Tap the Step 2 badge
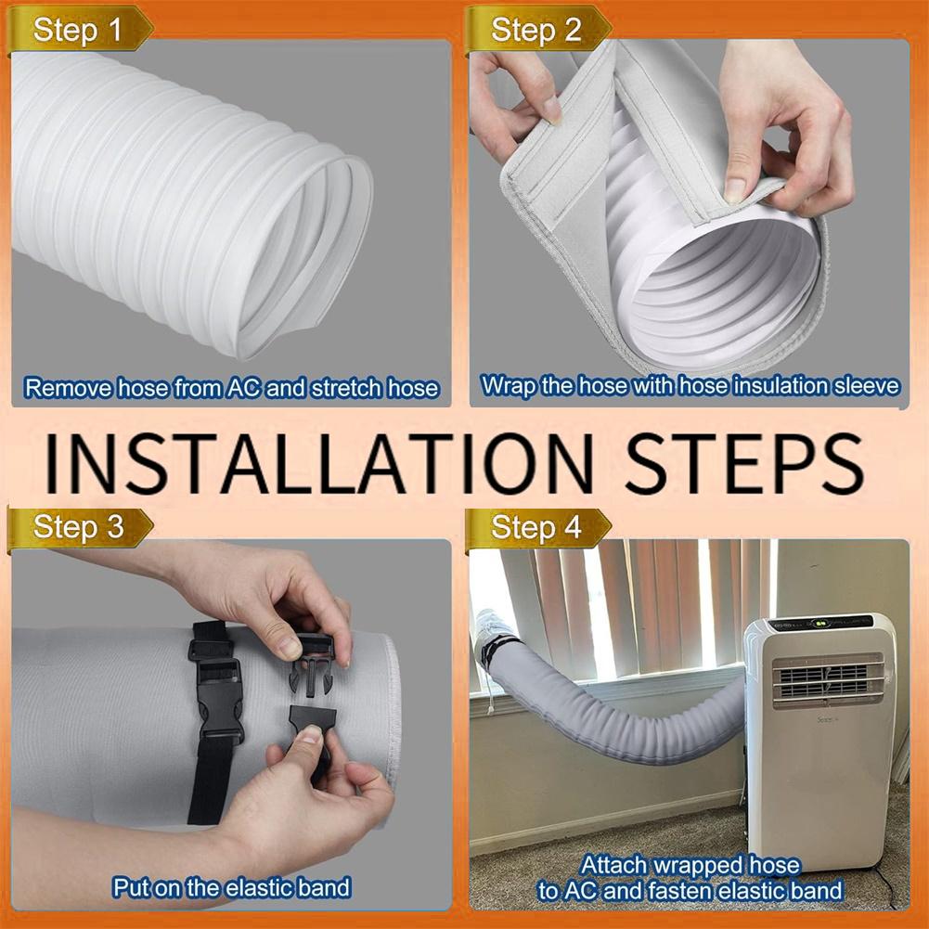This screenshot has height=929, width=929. tap(535, 30)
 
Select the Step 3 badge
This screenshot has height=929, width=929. tap(78, 527)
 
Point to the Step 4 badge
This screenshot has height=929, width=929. tap(535, 528)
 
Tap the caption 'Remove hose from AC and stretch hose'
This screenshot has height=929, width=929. tap(231, 387)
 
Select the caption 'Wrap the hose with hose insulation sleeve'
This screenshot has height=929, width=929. tap(690, 385)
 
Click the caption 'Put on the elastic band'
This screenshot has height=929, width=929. tap(231, 886)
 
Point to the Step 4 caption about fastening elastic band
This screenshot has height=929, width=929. tap(690, 878)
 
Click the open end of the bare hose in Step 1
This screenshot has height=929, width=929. tap(306, 260)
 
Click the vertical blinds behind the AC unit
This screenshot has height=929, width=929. tap(640, 603)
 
